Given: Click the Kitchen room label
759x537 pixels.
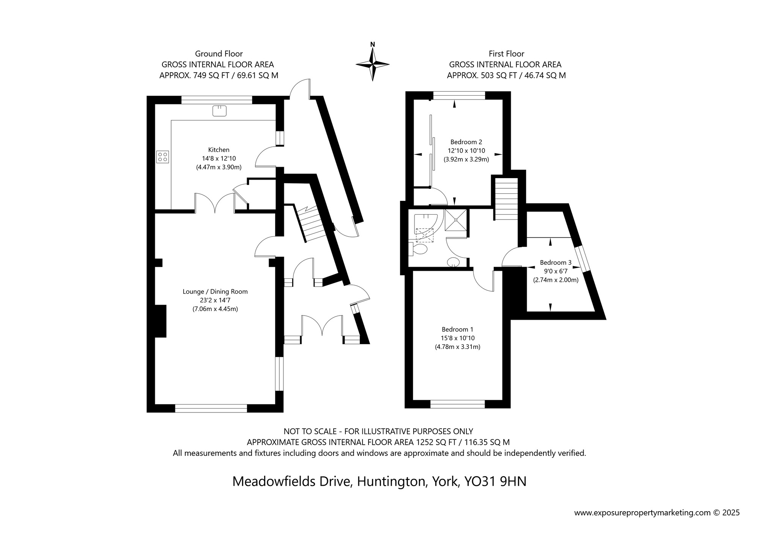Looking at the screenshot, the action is pos(219,150).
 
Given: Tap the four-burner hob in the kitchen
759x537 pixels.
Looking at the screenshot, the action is pos(162,157).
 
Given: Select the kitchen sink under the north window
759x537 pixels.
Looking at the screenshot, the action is pos(219,111).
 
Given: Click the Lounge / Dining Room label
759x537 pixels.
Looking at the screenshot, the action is pos(215,292).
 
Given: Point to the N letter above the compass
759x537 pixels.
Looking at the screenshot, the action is pos(373,44).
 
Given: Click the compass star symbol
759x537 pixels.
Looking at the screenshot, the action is pos(373,64).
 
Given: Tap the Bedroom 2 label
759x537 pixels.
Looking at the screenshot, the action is pos(466,142).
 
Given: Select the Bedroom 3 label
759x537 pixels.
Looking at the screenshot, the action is pos(556,262).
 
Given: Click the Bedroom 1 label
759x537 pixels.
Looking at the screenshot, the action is pos(457,329).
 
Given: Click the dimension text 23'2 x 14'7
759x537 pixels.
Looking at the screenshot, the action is pos(215,300).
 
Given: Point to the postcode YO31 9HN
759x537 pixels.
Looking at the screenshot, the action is pos(495,482).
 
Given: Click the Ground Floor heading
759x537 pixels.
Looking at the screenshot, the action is pos(219,54).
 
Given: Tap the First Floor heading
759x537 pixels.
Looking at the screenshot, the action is pos(507,54).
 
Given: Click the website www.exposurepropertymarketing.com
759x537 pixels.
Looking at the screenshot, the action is pos(642,513).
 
